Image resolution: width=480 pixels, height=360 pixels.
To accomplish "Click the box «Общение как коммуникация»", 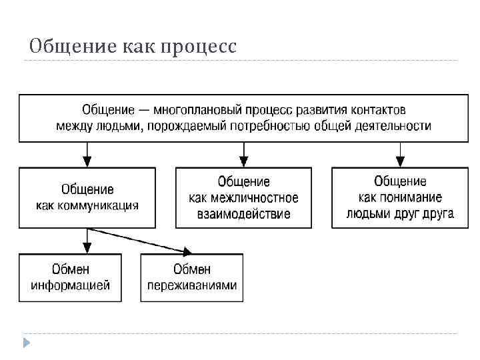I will pyautogui.click(x=87, y=198).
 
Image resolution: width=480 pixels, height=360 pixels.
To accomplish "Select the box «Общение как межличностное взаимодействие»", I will pyautogui.click(x=243, y=198).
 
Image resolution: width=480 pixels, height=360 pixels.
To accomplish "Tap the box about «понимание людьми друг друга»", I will pyautogui.click(x=400, y=198).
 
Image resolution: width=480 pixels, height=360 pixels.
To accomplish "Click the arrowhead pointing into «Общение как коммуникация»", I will pyautogui.click(x=87, y=161).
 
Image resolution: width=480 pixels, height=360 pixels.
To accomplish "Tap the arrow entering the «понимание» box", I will pyautogui.click(x=400, y=161).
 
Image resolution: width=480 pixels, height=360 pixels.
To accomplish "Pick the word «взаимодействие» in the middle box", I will pyautogui.click(x=243, y=214).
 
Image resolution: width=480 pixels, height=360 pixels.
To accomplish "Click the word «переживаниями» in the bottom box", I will pyautogui.click(x=192, y=285).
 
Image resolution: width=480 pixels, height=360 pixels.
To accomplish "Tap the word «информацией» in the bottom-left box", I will pyautogui.click(x=70, y=285).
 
